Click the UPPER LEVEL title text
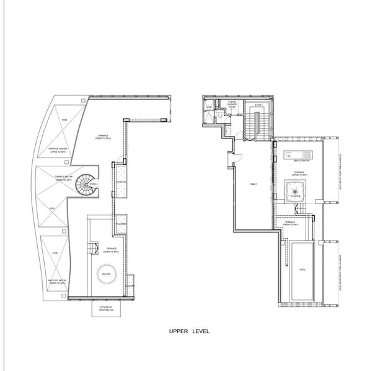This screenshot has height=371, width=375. (x=189, y=331)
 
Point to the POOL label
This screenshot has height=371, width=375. (x=302, y=270)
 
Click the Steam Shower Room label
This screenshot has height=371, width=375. (x=233, y=104)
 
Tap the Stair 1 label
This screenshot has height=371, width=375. (x=258, y=105)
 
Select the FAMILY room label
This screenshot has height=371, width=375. (x=253, y=184)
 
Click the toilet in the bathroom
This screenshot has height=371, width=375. (x=221, y=115)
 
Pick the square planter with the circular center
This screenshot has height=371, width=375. (x=296, y=192)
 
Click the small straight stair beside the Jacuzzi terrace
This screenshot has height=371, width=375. (x=93, y=249)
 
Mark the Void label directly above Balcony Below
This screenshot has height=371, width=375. (x=55, y=253)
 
